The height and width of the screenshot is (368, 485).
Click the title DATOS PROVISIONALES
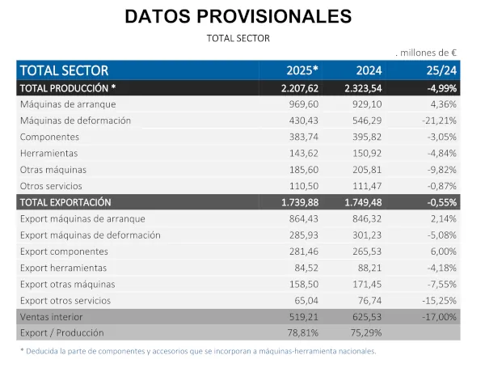[238, 16]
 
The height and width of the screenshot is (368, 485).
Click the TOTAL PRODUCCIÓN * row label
[68, 87]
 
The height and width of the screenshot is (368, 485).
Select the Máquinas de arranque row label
[68, 104]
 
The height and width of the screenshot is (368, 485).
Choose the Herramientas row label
[49, 153]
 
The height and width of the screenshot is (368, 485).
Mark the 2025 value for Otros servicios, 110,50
[302, 186]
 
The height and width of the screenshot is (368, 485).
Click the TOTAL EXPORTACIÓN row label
[65, 202]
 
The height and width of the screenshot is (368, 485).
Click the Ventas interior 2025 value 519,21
[302, 317]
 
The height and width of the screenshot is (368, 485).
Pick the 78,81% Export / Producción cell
[302, 332]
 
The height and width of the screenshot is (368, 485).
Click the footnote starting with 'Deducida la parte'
[198, 351]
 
